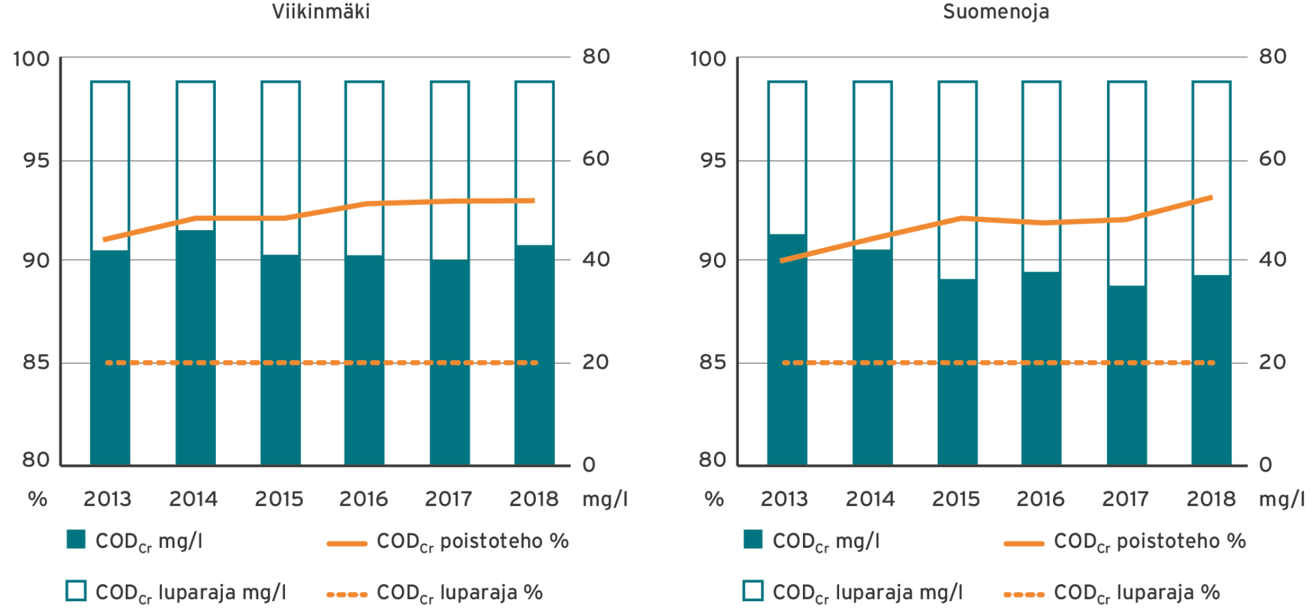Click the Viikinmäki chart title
320,12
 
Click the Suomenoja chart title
996,12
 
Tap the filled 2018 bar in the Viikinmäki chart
534,355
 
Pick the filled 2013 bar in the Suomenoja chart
787,349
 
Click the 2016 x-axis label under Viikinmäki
364,499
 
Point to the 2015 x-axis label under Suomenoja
955,499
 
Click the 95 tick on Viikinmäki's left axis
36,160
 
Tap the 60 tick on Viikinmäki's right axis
596,158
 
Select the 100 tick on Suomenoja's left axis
709,58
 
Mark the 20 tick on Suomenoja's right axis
1272,361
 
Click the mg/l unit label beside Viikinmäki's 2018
605,499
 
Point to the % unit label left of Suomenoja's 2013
714,499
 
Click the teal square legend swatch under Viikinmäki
77,540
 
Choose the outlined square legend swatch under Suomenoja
753,591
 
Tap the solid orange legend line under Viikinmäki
347,544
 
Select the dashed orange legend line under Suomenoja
1024,594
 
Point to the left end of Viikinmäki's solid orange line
104,240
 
